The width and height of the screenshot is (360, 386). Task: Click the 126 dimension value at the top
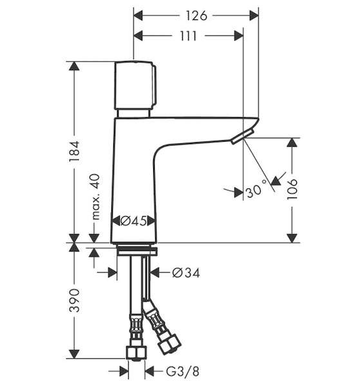(x=196, y=15)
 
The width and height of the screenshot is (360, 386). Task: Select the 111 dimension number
(x=188, y=36)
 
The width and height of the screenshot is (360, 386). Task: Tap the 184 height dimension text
(x=75, y=151)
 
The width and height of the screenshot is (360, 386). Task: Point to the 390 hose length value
(x=75, y=300)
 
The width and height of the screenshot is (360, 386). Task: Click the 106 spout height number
(x=292, y=190)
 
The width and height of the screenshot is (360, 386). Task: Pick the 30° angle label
(x=256, y=189)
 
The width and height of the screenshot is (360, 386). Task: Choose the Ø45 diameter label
(x=133, y=221)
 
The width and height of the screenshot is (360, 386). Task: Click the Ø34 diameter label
(x=186, y=273)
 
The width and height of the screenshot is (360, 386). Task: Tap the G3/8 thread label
(x=182, y=371)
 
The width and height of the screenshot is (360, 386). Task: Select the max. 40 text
(x=95, y=196)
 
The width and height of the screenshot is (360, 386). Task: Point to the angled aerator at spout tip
(x=242, y=137)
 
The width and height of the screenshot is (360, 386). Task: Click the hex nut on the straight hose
(x=137, y=353)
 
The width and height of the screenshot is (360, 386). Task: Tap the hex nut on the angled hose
(x=169, y=344)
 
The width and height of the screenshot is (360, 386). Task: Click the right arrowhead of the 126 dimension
(x=254, y=15)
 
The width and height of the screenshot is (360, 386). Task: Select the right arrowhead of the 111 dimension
(x=239, y=36)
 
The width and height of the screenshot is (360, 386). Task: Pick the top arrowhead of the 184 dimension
(x=74, y=66)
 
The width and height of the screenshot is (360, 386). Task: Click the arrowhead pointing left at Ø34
(x=155, y=273)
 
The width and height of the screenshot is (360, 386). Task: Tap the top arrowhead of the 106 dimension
(x=292, y=143)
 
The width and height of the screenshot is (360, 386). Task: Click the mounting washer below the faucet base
(x=137, y=252)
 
